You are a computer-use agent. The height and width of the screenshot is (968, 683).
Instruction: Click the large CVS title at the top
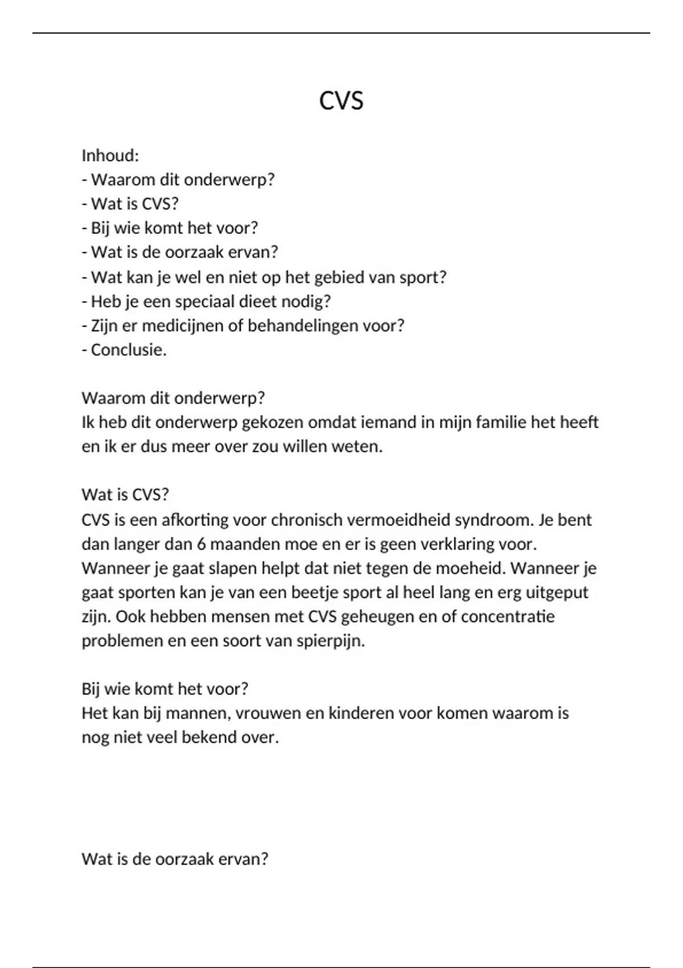[341, 101]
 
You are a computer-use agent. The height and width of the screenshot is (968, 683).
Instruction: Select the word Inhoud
[110, 155]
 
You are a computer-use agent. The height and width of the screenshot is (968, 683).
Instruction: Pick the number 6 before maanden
[201, 544]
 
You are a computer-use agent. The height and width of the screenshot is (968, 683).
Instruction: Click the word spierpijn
[330, 641]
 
